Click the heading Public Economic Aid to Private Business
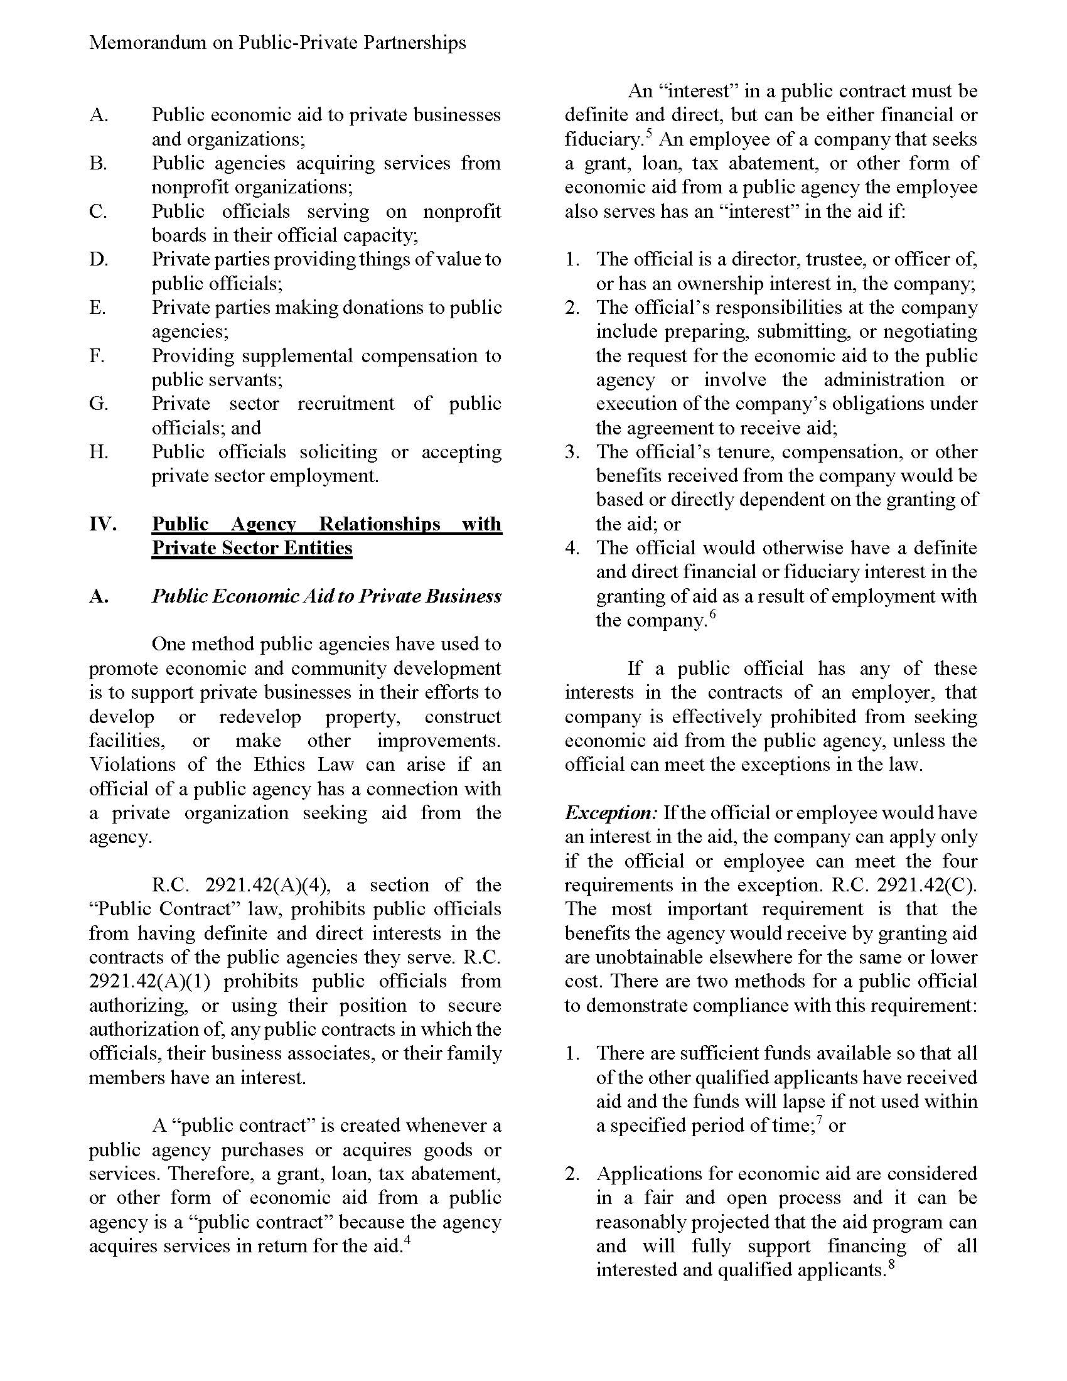click(326, 596)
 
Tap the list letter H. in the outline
click(99, 451)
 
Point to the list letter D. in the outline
click(99, 259)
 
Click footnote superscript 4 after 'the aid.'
click(408, 1240)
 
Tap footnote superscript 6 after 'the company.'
click(712, 615)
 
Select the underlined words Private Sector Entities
click(252, 547)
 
